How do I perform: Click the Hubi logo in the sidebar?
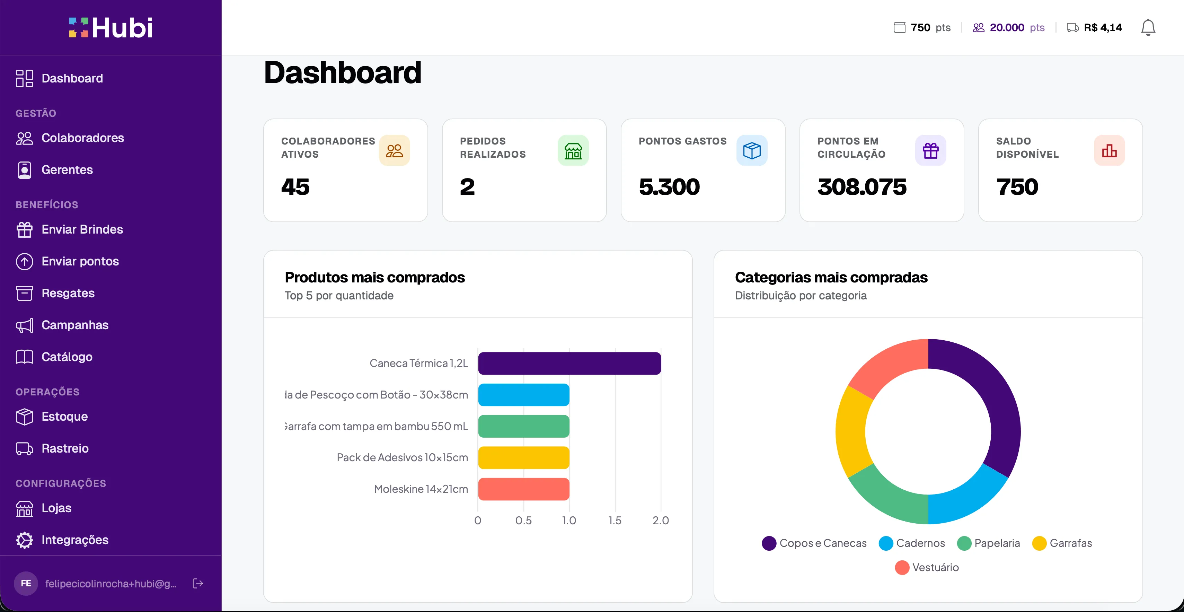point(111,28)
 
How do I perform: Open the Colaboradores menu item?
point(82,138)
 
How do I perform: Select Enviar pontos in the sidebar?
point(80,261)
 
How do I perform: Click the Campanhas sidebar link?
point(74,325)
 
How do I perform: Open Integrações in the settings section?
point(74,540)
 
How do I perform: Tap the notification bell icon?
point(1148,28)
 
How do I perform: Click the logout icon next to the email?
point(198,584)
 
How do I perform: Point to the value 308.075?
point(862,187)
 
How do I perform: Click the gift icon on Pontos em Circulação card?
point(930,150)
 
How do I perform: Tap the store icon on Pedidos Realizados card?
point(573,150)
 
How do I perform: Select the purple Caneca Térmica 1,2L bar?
point(569,363)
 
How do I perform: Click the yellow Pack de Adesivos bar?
point(523,457)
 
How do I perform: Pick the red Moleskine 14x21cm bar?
point(523,489)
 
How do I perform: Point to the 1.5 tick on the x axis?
point(615,521)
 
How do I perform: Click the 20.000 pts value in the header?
point(1007,28)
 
